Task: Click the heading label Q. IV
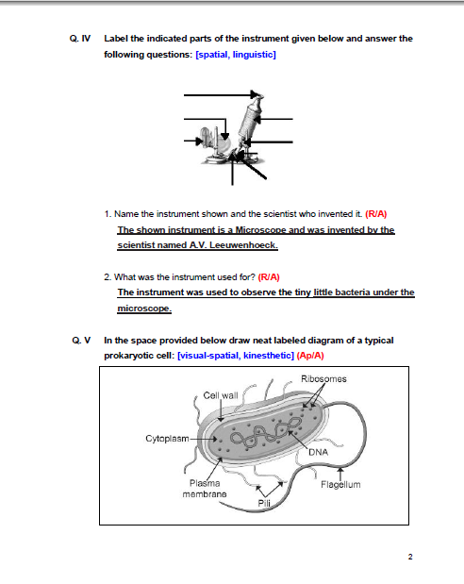point(79,39)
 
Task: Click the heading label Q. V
point(78,340)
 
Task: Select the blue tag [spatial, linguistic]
point(235,56)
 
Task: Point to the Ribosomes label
point(323,379)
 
